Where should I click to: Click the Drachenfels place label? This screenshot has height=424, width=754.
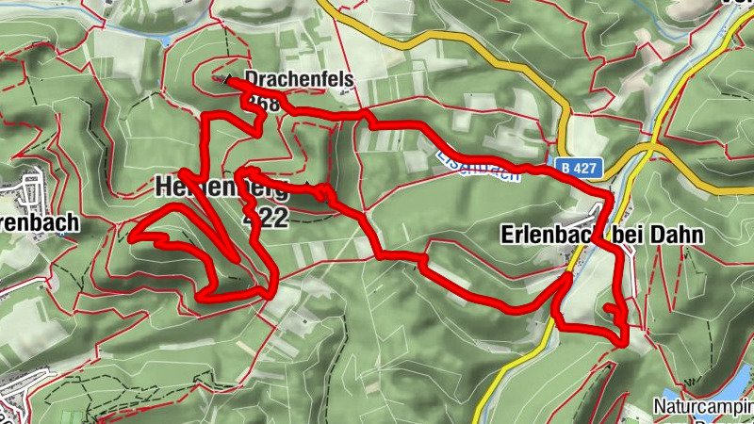(299, 79)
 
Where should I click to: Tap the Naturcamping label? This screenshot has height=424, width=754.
(703, 408)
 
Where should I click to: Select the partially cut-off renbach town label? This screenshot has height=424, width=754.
(39, 225)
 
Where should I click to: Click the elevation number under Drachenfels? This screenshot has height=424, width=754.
(265, 105)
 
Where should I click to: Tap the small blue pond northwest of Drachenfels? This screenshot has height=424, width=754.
(166, 41)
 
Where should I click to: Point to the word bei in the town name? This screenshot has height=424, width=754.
(632, 234)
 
